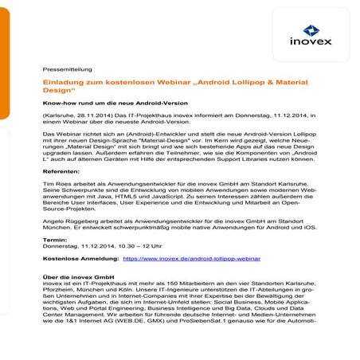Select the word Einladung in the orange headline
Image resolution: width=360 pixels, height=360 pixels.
coord(64,82)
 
